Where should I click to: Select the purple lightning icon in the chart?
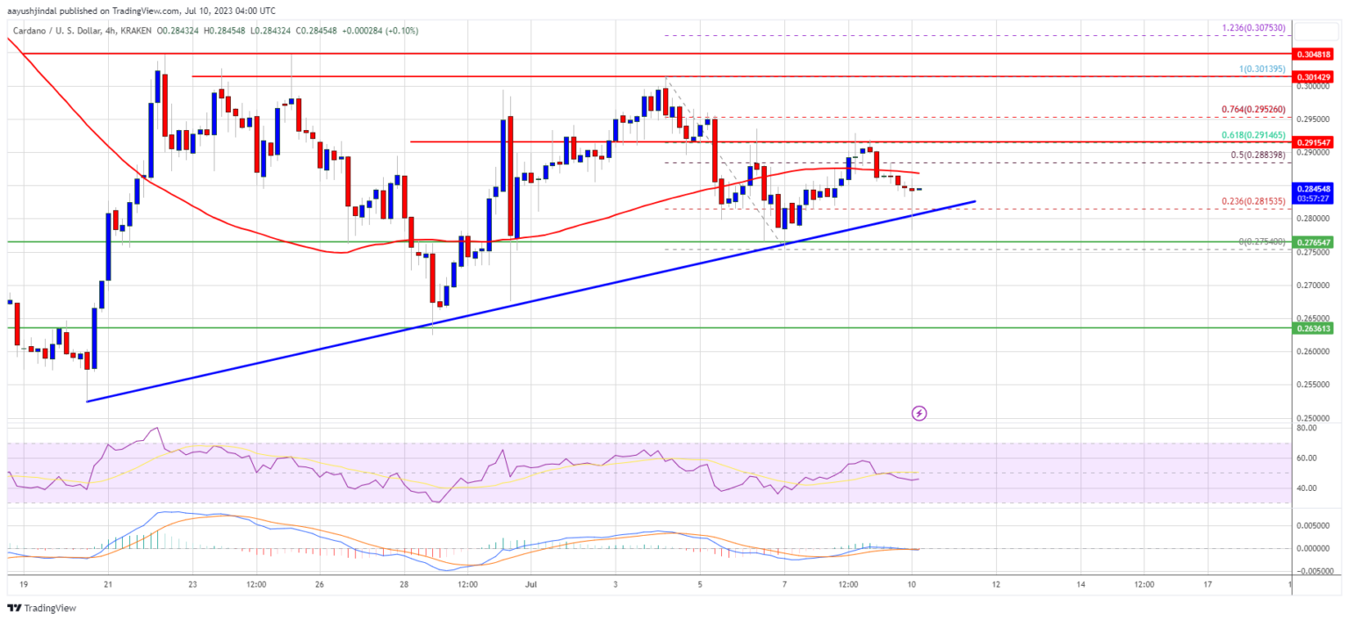click(919, 412)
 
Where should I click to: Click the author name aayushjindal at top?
click(52, 10)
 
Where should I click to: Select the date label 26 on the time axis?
click(321, 583)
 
